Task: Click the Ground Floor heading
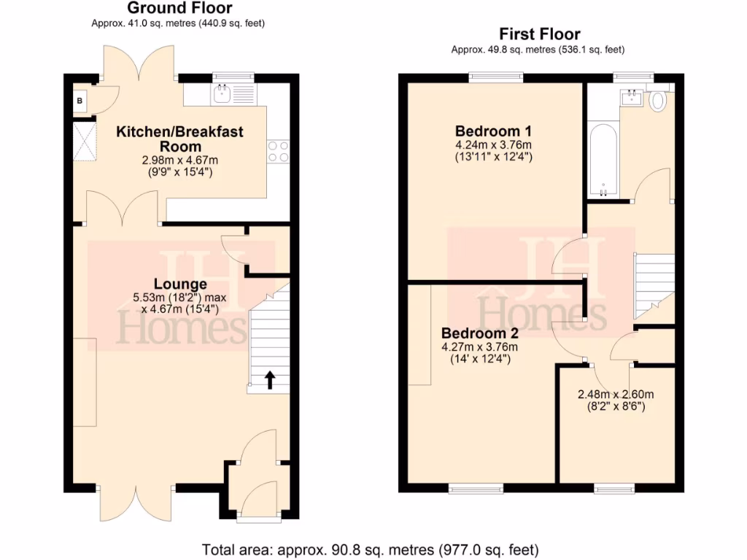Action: (179, 9)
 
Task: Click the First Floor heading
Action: (539, 34)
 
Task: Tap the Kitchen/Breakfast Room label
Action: (180, 139)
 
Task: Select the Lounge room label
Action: (180, 284)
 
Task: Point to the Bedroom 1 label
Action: (493, 131)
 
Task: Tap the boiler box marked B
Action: (79, 101)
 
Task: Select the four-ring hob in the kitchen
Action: (279, 151)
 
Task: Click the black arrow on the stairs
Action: (269, 380)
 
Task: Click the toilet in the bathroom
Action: (658, 100)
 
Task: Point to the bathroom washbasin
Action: (632, 98)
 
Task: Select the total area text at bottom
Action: (370, 548)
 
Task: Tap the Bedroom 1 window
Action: (496, 75)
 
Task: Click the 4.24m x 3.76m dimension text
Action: (493, 144)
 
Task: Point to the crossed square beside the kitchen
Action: (84, 142)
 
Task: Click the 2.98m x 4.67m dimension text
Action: (180, 160)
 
